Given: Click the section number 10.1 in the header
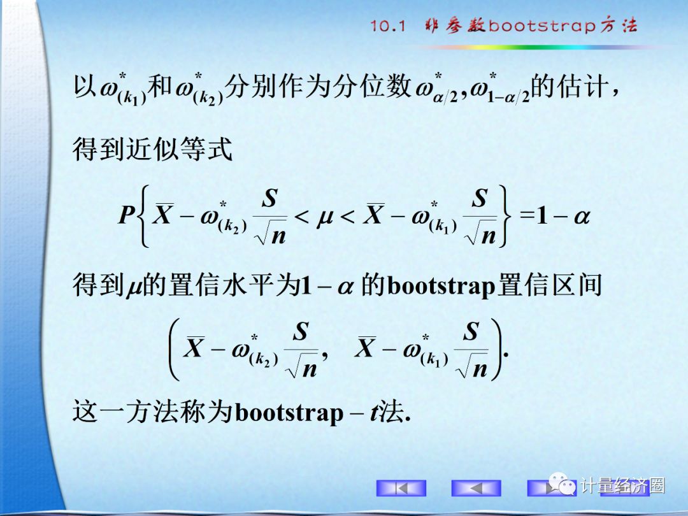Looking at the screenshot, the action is coord(388,25).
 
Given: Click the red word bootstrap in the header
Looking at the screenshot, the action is coord(542,25).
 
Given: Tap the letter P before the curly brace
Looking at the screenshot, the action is coord(126,215).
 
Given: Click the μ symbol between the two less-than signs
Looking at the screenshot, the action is coord(325,217).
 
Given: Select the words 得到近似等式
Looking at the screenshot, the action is coord(152,149).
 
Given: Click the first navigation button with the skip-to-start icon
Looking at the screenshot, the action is coord(401,488).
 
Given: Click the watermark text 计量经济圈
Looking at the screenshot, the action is coord(622,485).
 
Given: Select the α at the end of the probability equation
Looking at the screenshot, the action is coord(582,217).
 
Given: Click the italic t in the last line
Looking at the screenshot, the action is coord(376,412).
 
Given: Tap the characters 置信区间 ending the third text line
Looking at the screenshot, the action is coord(549,285).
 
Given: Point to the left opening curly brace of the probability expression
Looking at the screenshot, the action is coord(143,215).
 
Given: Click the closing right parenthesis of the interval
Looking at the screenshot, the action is coord(497,349).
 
